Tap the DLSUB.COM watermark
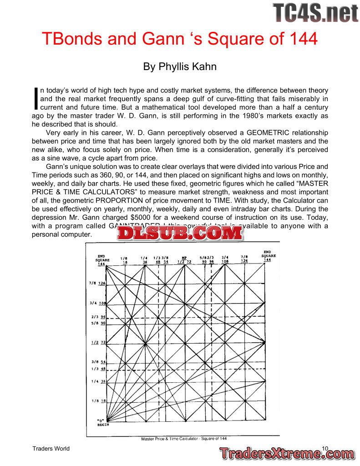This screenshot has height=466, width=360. tap(180, 233)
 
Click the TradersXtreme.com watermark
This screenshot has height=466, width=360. tap(287, 453)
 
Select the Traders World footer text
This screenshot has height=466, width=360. tap(51, 449)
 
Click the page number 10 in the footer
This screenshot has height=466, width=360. tap(325, 449)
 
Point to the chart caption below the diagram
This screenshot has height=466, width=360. tap(184, 439)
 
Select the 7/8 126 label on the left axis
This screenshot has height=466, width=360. tap(97, 283)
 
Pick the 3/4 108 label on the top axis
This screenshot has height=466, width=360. tap(225, 259)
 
